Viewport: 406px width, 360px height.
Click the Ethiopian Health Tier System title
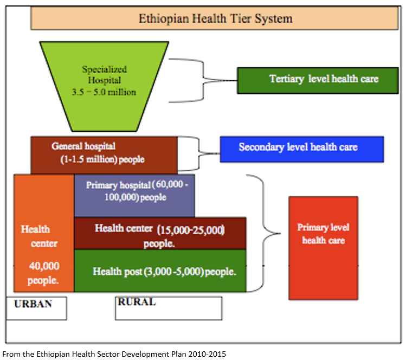pos(215,18)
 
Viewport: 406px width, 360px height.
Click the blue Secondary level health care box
pos(301,148)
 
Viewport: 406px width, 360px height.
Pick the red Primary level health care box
pos(323,247)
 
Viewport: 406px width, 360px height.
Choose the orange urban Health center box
pos(43,233)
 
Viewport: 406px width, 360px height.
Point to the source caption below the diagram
pos(114,353)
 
